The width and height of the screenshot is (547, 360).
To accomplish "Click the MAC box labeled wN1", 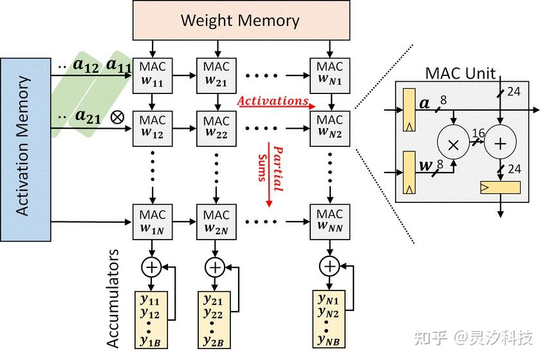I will tap(329, 74).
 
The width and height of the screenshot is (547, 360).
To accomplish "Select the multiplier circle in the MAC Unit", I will tap(453, 145).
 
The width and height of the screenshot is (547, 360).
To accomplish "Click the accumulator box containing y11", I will tap(151, 319).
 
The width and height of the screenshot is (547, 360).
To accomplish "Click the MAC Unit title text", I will tap(460, 72).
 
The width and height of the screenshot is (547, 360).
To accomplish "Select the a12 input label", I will tap(88, 64).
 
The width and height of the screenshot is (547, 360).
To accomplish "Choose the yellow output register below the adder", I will tap(501, 187).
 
